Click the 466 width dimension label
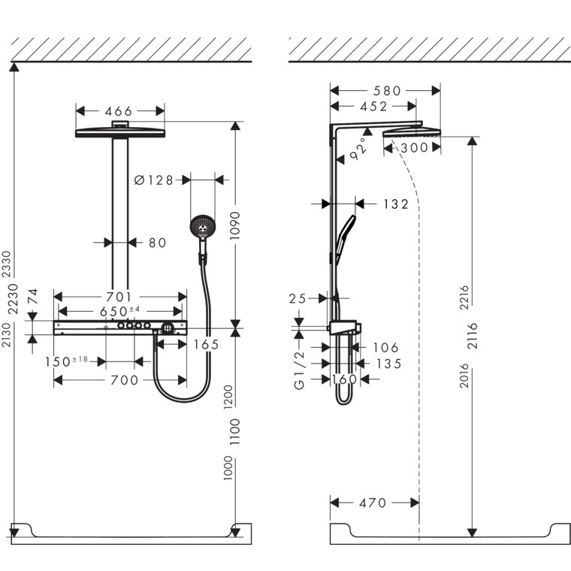click(x=119, y=111)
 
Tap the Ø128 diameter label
click(x=153, y=180)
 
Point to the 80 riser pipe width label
click(x=157, y=242)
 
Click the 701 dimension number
click(x=119, y=298)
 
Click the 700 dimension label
click(x=124, y=380)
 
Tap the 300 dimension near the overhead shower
click(x=413, y=148)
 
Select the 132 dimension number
click(x=395, y=204)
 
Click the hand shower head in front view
click(x=202, y=225)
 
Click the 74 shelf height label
click(x=32, y=298)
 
